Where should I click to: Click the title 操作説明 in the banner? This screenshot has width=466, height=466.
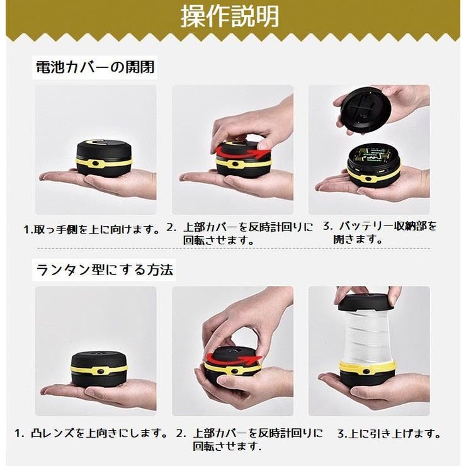pyautogui.click(x=230, y=16)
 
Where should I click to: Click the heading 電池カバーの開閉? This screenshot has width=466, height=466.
pyautogui.click(x=95, y=67)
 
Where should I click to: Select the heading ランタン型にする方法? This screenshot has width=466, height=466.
pyautogui.click(x=105, y=270)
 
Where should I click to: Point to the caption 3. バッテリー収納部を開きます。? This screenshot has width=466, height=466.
pyautogui.click(x=380, y=232)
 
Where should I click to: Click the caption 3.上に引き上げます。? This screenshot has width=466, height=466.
pyautogui.click(x=389, y=434)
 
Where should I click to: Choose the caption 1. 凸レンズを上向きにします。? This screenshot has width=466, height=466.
pyautogui.click(x=91, y=433)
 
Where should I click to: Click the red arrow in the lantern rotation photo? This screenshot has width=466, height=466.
pyautogui.click(x=232, y=359)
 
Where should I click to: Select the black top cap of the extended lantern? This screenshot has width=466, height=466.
pyautogui.click(x=367, y=302)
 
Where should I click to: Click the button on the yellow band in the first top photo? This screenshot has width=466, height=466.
pyautogui.click(x=95, y=164)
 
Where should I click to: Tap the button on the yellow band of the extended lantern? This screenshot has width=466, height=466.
pyautogui.click(x=366, y=372)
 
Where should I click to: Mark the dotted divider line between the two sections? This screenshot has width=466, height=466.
pyautogui.click(x=234, y=249)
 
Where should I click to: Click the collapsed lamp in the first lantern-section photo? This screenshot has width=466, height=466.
pyautogui.click(x=99, y=368)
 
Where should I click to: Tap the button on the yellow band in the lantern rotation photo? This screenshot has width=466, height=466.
pyautogui.click(x=235, y=372)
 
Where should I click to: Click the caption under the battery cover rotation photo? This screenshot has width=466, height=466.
pyautogui.click(x=239, y=234)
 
